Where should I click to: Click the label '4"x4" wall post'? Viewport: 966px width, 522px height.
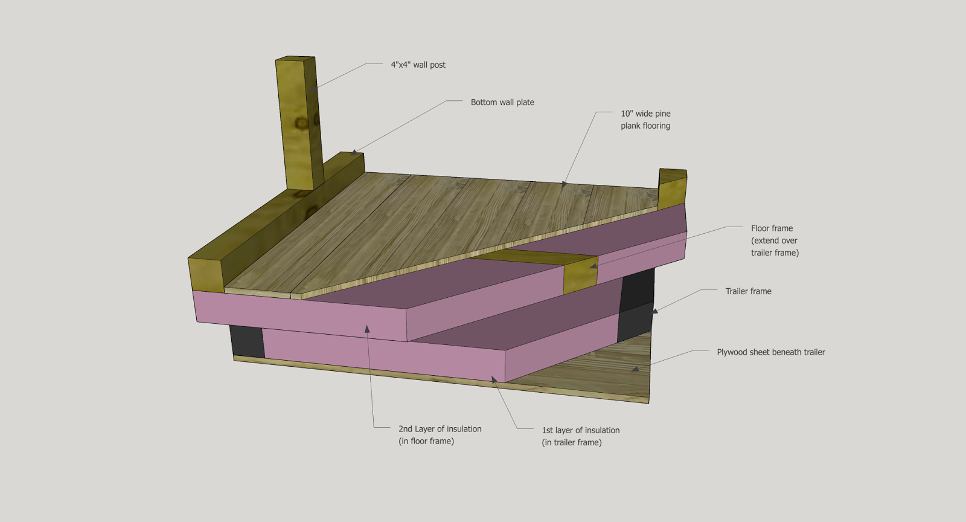(418, 65)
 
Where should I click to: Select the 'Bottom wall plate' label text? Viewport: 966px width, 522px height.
(502, 102)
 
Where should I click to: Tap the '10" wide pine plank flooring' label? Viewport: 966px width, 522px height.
(645, 120)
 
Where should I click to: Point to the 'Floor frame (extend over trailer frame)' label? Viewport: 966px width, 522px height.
(775, 240)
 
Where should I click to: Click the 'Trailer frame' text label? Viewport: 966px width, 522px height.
(748, 291)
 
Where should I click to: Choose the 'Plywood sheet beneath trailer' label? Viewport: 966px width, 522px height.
(770, 352)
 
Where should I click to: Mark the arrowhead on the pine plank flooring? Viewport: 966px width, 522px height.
(564, 185)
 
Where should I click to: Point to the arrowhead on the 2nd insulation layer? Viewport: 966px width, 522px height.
(366, 329)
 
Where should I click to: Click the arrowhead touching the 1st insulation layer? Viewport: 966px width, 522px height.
(494, 380)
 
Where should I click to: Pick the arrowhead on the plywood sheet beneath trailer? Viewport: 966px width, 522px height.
(635, 369)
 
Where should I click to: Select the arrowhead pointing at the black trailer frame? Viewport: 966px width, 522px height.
(655, 312)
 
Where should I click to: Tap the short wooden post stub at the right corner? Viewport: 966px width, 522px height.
(672, 190)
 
